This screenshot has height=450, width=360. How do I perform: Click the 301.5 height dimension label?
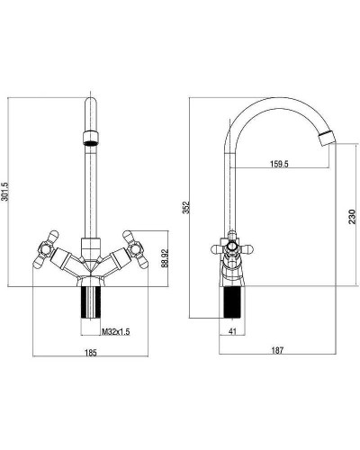[4, 192]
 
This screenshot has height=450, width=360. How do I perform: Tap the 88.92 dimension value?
[165, 258]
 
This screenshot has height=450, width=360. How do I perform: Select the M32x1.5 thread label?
[116, 332]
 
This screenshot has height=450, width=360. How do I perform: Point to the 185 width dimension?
[91, 353]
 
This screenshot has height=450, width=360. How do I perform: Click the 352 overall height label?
[186, 207]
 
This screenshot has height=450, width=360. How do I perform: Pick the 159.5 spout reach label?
[279, 164]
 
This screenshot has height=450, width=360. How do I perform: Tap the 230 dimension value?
[352, 217]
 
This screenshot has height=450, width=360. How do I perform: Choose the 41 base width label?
[232, 331]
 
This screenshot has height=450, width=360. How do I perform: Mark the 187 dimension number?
[277, 350]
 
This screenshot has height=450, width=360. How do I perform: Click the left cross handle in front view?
[46, 248]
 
